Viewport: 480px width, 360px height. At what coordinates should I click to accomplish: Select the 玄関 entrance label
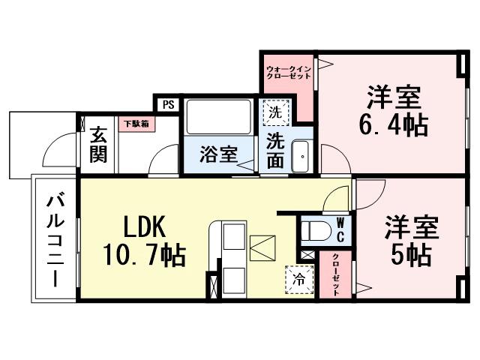[98, 145]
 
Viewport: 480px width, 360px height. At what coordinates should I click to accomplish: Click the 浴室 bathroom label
[217, 154]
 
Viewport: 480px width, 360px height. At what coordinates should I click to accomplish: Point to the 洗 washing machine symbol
[274, 113]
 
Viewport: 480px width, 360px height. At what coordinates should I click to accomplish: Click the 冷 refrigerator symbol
[299, 280]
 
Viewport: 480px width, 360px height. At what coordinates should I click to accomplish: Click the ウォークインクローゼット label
[288, 73]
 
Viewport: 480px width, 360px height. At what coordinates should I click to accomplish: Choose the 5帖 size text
[409, 255]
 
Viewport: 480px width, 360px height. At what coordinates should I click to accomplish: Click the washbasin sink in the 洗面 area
[301, 157]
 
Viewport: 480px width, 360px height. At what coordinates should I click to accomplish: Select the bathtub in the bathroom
[217, 118]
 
